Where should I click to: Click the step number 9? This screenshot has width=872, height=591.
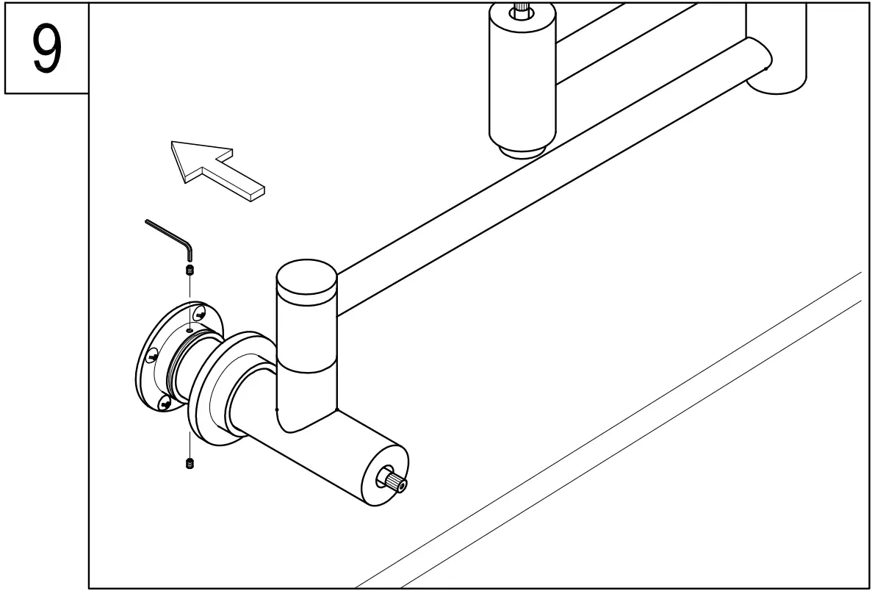(46, 49)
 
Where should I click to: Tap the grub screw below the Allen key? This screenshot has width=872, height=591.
(190, 271)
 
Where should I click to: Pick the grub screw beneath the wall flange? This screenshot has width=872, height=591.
(190, 463)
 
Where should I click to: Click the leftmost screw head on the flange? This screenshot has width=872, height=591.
(152, 357)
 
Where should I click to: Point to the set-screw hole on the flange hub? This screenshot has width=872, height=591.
(190, 332)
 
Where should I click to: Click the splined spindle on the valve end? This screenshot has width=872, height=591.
(394, 482)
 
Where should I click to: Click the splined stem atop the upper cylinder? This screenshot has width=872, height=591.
(521, 9)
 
